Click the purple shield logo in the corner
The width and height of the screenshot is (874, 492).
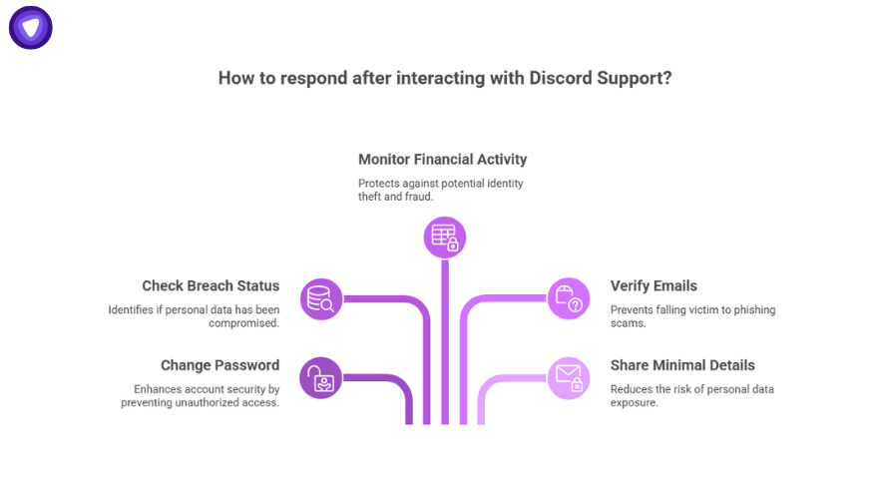tap(31, 28)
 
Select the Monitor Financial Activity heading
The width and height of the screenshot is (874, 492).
tap(442, 160)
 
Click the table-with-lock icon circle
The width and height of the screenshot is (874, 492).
tap(444, 238)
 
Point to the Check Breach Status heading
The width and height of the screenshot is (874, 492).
tap(211, 286)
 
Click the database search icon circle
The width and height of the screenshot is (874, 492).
tap(321, 298)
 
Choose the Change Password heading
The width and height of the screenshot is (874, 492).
tap(219, 365)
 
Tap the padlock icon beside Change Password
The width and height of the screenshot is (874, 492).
tap(321, 377)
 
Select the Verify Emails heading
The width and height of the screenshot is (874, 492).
tap(654, 286)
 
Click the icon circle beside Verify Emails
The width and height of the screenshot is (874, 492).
tap(569, 298)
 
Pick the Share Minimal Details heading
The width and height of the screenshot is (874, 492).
tap(682, 365)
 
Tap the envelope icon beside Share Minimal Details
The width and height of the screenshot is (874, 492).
tap(569, 377)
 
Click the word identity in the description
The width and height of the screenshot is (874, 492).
tap(502, 184)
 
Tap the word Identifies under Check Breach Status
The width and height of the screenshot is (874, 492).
tap(132, 310)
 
